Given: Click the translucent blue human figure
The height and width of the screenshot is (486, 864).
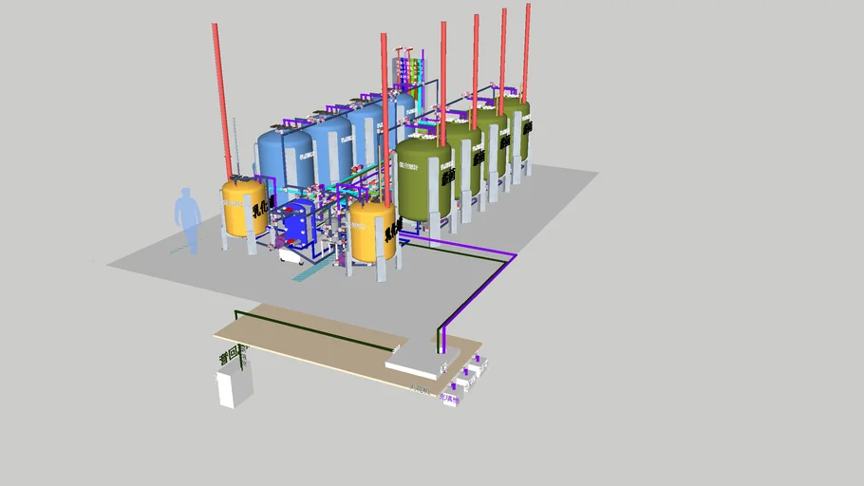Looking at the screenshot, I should (187, 220).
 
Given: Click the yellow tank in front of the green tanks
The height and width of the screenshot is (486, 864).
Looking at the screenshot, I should (371, 231).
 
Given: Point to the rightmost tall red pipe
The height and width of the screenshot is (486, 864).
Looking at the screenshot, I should (526, 47).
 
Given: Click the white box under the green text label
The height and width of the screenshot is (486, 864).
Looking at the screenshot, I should (235, 388).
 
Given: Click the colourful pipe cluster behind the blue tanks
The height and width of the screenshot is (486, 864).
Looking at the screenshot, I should (409, 71).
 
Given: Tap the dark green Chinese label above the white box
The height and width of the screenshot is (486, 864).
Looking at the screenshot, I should (231, 358).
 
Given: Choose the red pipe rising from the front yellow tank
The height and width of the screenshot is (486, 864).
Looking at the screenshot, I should (385, 114).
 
